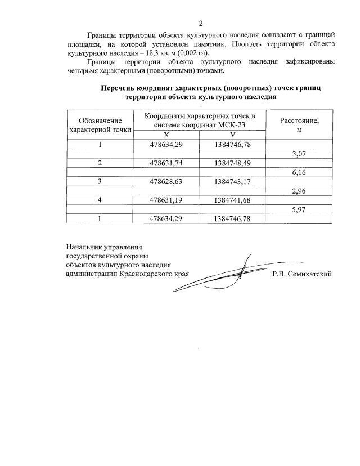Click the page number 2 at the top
(x=200, y=24)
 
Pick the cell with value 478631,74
(x=166, y=163)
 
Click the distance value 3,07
(x=298, y=154)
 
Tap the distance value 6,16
(x=298, y=172)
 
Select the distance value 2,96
(x=298, y=191)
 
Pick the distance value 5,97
(x=298, y=209)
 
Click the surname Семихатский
(x=309, y=274)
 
